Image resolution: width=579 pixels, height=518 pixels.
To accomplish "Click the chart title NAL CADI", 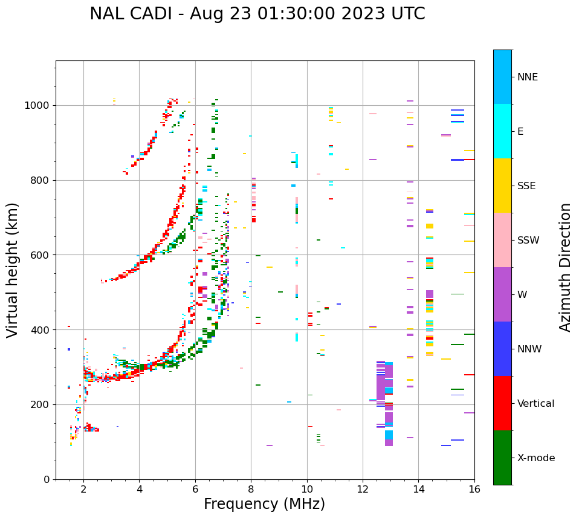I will click(134, 14).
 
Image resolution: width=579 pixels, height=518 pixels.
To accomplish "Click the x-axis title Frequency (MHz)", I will click(264, 504).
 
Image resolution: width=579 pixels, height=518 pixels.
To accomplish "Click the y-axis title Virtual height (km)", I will click(13, 270).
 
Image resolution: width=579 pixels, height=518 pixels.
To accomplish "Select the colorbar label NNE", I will click(527, 77).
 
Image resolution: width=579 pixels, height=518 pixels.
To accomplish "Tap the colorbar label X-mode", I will click(535, 458).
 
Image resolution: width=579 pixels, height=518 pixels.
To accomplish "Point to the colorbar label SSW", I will click(528, 241).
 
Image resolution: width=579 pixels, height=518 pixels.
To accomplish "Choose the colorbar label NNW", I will click(529, 349).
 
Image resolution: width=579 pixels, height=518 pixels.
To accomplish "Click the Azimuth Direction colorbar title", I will click(565, 267).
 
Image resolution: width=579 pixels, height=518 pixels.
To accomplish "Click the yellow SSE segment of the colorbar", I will click(502, 185).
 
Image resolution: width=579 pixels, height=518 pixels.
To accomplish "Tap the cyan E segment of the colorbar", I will click(502, 131).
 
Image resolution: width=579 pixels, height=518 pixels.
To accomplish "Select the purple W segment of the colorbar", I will click(502, 294).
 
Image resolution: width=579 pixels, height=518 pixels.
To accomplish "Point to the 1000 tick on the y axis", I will click(38, 105).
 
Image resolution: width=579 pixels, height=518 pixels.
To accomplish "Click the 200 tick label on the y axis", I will click(41, 404).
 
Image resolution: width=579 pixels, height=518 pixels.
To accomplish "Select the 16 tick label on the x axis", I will click(474, 488).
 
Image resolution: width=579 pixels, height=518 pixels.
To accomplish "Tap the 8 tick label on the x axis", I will click(251, 488).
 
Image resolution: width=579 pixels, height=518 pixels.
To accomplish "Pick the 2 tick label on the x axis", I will click(83, 488).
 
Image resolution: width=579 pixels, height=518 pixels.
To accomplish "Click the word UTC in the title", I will click(407, 14).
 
